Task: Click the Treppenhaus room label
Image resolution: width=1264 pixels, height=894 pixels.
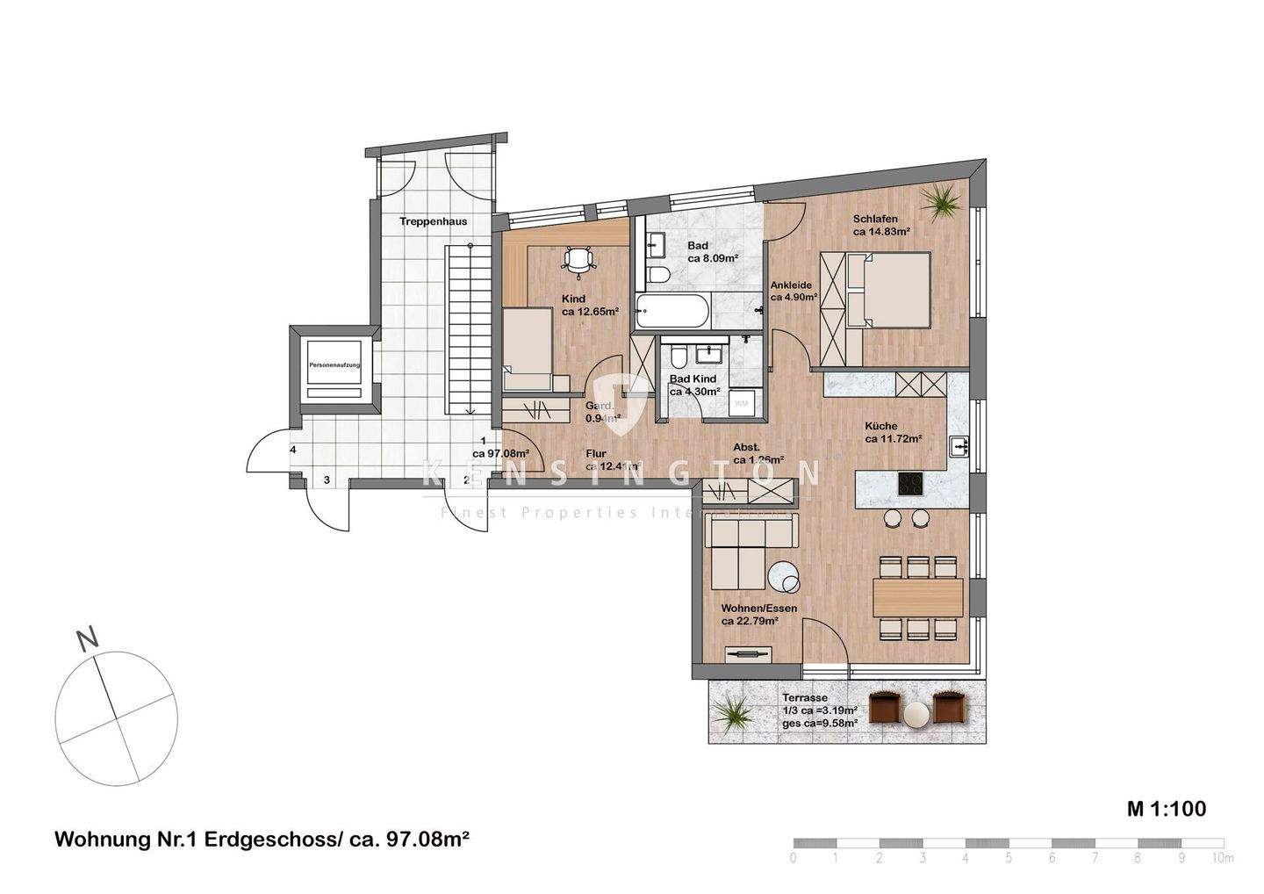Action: (433, 221)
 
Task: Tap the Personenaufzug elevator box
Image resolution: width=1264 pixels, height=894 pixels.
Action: (334, 364)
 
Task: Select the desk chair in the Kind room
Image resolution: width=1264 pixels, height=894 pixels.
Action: (578, 259)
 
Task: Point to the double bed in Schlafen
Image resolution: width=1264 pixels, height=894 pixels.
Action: (896, 289)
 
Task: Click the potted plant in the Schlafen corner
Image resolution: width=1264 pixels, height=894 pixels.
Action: (944, 202)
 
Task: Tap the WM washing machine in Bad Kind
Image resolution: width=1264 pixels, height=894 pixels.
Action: (742, 403)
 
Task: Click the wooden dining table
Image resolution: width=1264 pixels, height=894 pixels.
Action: (917, 596)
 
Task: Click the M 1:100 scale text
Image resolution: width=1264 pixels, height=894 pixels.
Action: (1167, 808)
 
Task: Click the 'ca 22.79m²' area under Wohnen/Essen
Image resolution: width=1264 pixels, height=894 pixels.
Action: (750, 621)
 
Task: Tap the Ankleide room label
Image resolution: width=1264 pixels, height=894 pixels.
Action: (791, 285)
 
